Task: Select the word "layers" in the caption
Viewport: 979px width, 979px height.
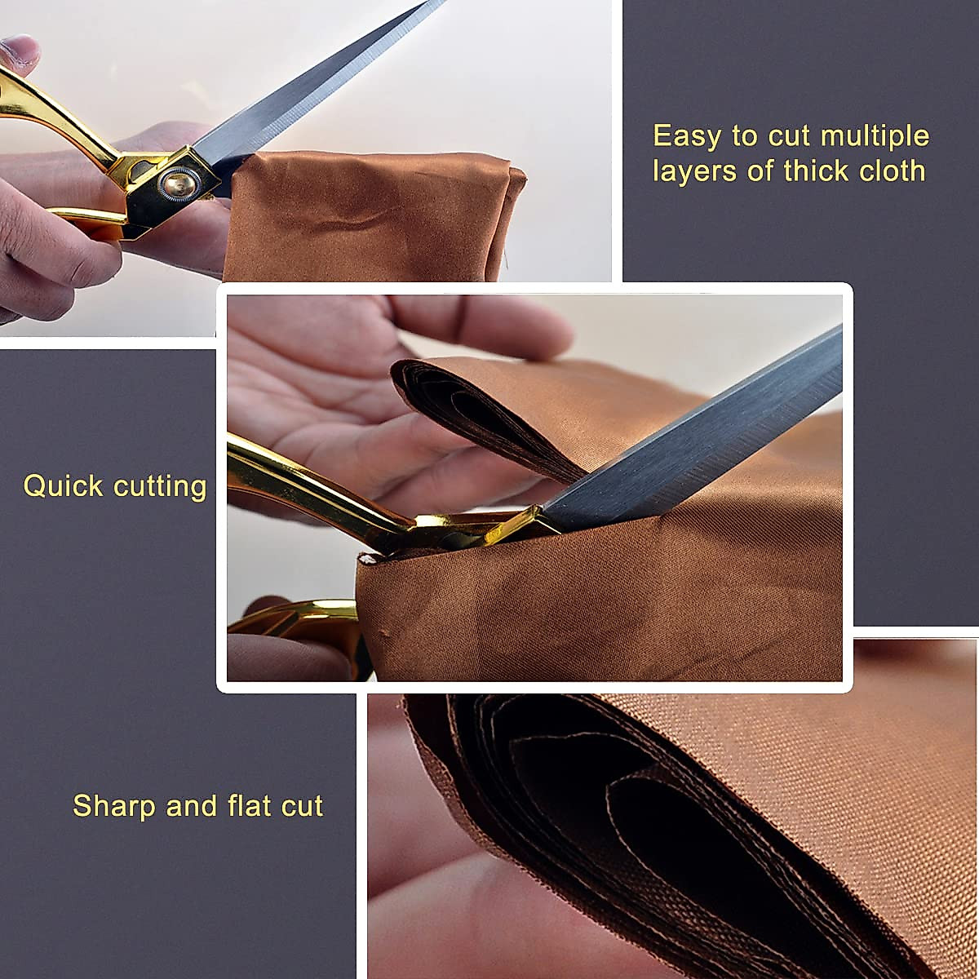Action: (689, 171)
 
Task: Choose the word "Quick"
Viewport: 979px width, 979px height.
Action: (64, 486)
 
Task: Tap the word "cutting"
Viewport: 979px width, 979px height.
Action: (160, 487)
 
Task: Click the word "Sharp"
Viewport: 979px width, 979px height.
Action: (115, 806)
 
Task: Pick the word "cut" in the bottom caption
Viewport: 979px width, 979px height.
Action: (303, 807)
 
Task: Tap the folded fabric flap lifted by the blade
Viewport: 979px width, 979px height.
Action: (481, 408)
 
